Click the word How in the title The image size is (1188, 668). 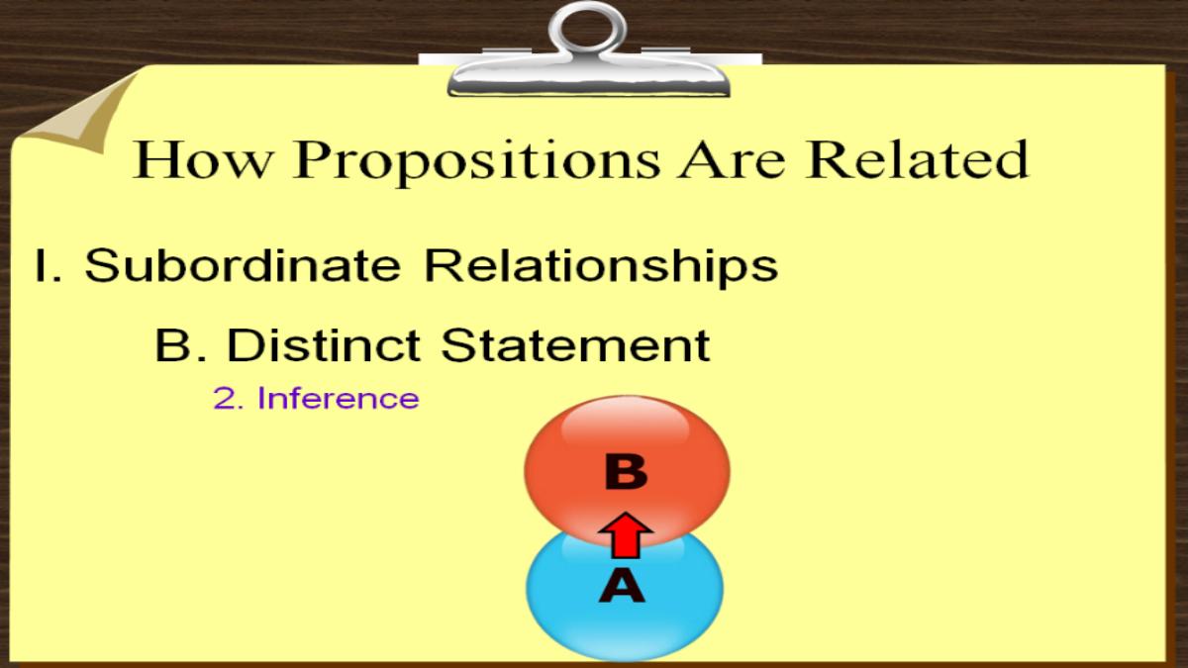point(202,159)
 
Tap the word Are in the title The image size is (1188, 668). point(733,159)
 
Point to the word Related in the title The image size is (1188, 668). point(917,158)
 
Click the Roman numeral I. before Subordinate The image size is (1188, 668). point(49,265)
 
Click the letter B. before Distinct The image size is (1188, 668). point(181,345)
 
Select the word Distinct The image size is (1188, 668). point(324,344)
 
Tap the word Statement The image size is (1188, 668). point(575,344)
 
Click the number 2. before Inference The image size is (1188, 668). point(229,398)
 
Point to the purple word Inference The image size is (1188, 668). point(339,398)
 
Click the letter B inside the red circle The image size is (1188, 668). point(626,471)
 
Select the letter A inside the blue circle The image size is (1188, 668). point(622,585)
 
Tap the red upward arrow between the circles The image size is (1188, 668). point(626,535)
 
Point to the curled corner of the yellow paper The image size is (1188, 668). point(79,114)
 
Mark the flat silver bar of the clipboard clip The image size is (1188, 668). point(589,79)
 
